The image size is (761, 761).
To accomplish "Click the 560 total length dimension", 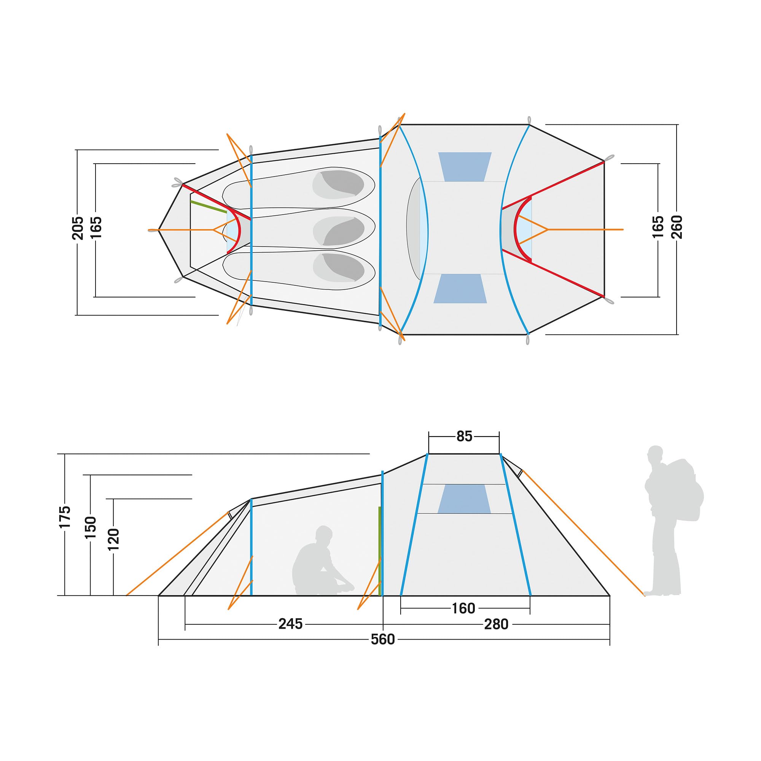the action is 382,639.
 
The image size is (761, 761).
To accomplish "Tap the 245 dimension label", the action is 290,624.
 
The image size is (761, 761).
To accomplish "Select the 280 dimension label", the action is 496,624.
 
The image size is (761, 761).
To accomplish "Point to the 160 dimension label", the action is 463,608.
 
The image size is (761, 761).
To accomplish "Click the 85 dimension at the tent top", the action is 464,436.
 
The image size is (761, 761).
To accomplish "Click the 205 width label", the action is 78,228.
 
